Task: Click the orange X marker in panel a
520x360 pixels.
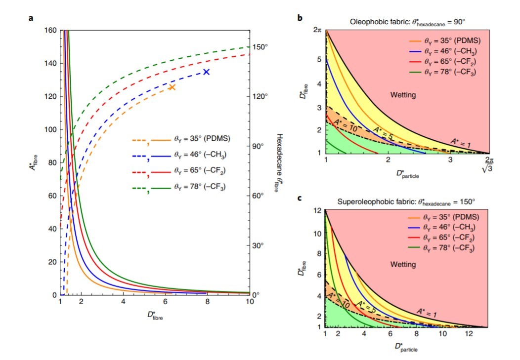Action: (x=172, y=87)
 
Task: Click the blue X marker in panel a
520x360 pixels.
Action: (x=207, y=72)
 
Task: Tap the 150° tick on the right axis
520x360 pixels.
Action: (x=260, y=47)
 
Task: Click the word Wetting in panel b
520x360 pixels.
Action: (x=403, y=94)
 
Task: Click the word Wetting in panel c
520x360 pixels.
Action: (x=403, y=265)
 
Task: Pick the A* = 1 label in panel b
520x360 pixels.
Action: (x=462, y=142)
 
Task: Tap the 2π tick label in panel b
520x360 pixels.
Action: (x=317, y=31)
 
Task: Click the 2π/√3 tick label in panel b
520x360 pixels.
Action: (x=489, y=164)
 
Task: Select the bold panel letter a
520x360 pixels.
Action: (x=31, y=19)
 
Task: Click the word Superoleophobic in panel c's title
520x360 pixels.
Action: (x=362, y=201)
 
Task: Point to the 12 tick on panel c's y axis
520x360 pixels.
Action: (x=317, y=211)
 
